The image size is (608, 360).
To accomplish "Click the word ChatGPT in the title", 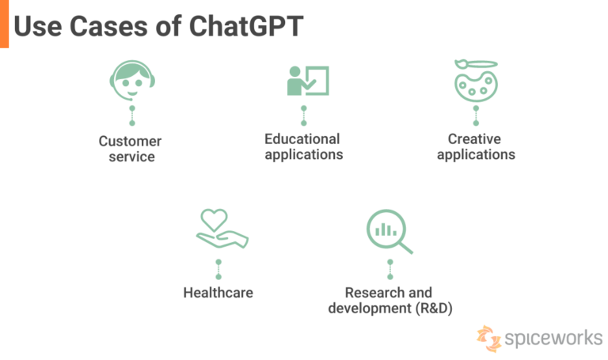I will (246, 27).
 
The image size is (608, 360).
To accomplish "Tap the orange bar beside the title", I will (4, 24).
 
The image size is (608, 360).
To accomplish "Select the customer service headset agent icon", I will (131, 81).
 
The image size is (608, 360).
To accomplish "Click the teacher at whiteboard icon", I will (307, 81).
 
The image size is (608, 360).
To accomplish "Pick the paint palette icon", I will (475, 82).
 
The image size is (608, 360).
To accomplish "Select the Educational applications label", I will (303, 146).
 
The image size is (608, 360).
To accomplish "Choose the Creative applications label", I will (475, 146).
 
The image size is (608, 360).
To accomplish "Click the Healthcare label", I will (218, 293).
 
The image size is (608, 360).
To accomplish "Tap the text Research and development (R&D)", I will (389, 301).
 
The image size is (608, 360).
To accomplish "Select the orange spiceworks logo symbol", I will (488, 338).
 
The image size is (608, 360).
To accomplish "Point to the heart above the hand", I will (215, 218).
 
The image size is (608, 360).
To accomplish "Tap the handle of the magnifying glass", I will (405, 248).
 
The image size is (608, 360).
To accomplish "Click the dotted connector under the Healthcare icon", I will (218, 268).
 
